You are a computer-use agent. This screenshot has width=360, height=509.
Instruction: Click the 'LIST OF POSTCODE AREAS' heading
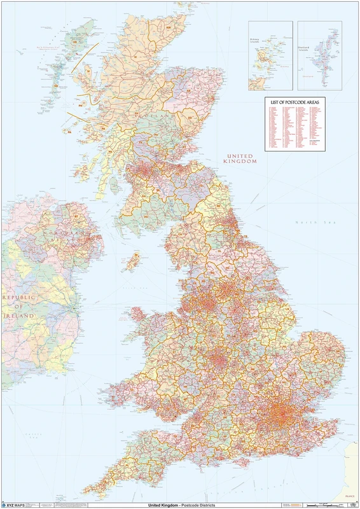click(295, 102)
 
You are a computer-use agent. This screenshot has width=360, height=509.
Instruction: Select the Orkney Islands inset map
click(270, 56)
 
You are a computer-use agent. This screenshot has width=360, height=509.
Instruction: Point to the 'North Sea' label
click(305, 221)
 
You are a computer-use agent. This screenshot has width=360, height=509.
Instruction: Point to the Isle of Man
click(134, 260)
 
